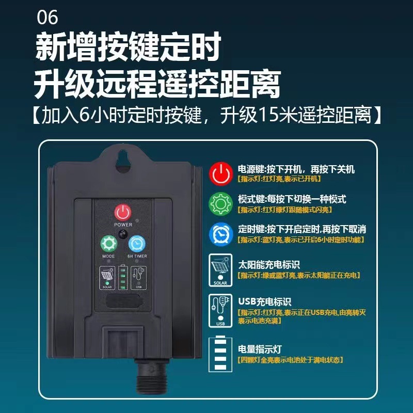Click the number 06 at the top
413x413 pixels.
pyautogui.click(x=47, y=18)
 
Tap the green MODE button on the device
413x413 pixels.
pyautogui.click(x=109, y=244)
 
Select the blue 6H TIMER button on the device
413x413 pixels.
pyautogui.click(x=137, y=244)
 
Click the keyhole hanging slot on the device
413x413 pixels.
pyautogui.click(x=123, y=161)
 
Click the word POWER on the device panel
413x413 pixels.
pyautogui.click(x=123, y=225)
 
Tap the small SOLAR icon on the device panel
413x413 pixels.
pyautogui.click(x=107, y=278)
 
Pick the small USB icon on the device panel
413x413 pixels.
pyautogui.click(x=139, y=278)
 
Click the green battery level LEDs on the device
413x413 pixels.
pyautogui.click(x=123, y=278)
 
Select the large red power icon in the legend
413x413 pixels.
pyautogui.click(x=221, y=174)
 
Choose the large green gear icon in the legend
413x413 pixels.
pyautogui.click(x=221, y=204)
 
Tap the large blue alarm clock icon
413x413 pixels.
pyautogui.click(x=221, y=234)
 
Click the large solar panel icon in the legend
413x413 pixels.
pyautogui.click(x=220, y=270)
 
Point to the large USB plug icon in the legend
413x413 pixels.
pyautogui.click(x=220, y=311)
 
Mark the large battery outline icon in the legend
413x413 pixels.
pyautogui.click(x=220, y=354)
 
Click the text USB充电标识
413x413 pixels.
pyautogui.click(x=264, y=301)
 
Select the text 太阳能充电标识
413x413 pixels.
pyautogui.click(x=269, y=264)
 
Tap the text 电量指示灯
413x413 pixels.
pyautogui.click(x=260, y=350)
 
